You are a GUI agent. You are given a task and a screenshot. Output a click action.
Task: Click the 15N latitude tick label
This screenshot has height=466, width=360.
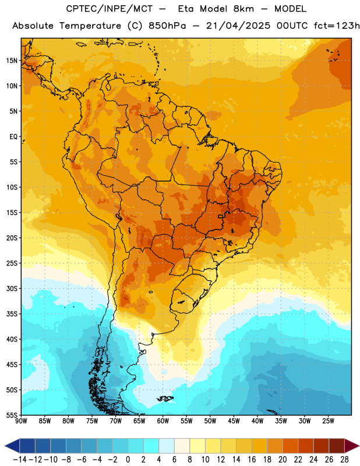point(12,61)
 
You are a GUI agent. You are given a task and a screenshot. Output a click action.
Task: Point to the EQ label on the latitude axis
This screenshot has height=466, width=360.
point(13,137)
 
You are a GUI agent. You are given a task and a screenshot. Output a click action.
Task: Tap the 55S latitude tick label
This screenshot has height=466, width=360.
point(12,415)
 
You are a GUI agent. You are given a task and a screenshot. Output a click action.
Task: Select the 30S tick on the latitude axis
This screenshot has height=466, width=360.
point(12,288)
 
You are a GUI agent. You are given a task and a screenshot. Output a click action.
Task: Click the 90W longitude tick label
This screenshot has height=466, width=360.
point(21,421)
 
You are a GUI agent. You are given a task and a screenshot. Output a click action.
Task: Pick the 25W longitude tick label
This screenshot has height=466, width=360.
point(328,421)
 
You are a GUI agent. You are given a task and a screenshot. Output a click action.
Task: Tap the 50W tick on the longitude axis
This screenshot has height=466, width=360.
point(210,421)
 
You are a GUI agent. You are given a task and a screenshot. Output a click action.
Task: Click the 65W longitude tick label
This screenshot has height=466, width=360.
point(139,421)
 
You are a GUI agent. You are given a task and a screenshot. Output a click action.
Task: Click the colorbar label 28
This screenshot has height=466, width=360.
point(344,460)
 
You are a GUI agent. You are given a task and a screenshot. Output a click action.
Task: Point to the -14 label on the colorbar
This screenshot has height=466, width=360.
point(20,460)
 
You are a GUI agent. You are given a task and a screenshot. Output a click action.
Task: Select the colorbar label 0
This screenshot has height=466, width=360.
point(128,460)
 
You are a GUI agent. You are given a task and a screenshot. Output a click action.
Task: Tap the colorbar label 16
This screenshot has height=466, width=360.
point(252,460)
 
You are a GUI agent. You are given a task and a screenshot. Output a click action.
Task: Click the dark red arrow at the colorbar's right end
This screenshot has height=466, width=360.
point(351,446)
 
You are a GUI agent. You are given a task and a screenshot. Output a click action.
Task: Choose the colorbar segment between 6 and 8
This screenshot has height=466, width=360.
point(182,446)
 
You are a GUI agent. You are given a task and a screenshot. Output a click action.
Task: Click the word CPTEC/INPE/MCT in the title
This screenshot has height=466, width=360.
point(109,9)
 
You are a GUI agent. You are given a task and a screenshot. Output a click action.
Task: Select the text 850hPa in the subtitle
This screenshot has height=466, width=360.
point(167,26)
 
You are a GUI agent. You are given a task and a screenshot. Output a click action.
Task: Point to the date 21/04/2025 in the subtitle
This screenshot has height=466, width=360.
point(238,26)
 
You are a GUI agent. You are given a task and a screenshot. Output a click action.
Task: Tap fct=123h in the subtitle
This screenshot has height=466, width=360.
point(336,26)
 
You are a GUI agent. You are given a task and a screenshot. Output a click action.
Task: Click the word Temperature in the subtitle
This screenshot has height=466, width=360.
point(90,26)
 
